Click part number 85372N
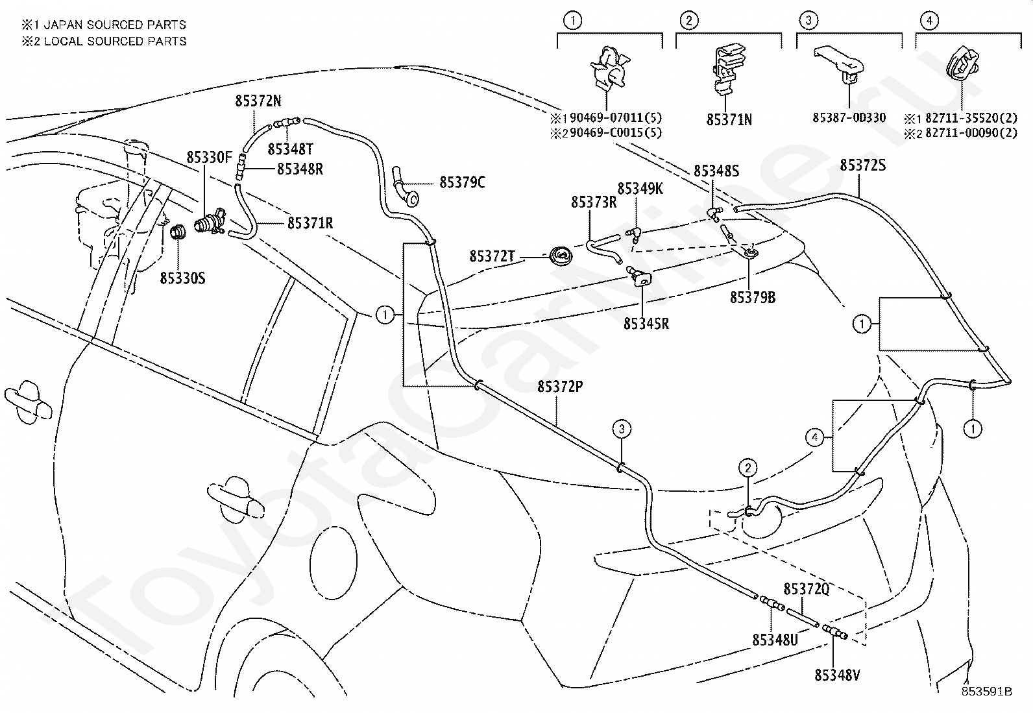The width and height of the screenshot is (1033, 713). [258, 101]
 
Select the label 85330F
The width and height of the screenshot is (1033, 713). [209, 157]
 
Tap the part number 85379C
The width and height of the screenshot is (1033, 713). [462, 183]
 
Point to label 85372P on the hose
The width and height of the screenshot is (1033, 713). [560, 387]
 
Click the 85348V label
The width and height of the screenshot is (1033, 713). [837, 675]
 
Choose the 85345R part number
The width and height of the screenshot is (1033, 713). [646, 324]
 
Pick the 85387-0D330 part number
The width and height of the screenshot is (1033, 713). [849, 117]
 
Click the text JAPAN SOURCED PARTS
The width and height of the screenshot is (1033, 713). [115, 25]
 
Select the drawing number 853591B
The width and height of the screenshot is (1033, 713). [987, 692]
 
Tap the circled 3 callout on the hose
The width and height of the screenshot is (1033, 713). [622, 429]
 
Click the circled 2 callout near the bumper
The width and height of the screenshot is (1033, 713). [748, 468]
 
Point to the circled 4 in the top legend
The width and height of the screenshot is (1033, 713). [929, 20]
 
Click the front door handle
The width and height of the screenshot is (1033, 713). [235, 500]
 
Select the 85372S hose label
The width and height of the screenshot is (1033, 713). [862, 165]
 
